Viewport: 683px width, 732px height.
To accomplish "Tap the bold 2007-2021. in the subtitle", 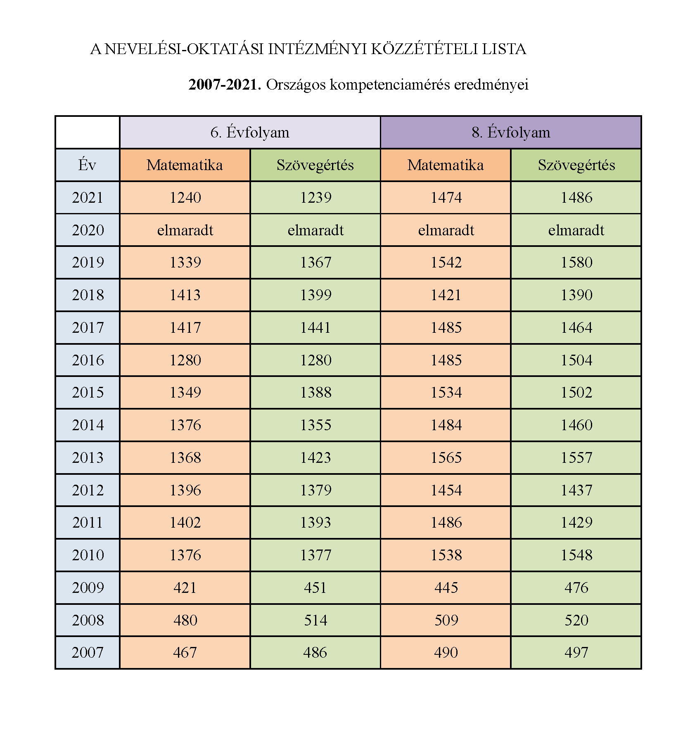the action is point(225,85).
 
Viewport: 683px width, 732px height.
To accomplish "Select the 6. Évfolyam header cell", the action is point(250,133).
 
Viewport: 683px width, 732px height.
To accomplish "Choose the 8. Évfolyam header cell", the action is point(511,133).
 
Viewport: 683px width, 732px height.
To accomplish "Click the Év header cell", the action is point(87,165).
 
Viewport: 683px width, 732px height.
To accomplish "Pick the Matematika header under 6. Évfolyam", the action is point(185,165).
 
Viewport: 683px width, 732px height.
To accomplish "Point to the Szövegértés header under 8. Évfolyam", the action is point(576,165).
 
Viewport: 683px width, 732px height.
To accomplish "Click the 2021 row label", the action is point(87,197).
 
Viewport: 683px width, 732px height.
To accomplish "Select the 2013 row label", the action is point(87,457).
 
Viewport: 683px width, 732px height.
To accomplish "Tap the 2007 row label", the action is point(87,653).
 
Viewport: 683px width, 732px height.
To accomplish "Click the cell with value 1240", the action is point(185,197).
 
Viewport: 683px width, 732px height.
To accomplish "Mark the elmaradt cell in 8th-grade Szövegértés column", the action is point(576,230).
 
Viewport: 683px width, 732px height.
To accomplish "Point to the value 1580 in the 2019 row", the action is point(576,263).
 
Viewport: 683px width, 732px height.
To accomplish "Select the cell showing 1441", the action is point(315,327).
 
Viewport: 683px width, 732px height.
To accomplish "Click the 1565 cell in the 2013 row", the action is point(446,457).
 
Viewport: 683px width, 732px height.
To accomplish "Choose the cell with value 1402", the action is point(185,523).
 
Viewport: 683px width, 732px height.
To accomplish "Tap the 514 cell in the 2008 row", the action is point(315,620).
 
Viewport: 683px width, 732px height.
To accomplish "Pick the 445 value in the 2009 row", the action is point(446,587).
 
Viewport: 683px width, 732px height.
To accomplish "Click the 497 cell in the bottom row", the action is point(576,653).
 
